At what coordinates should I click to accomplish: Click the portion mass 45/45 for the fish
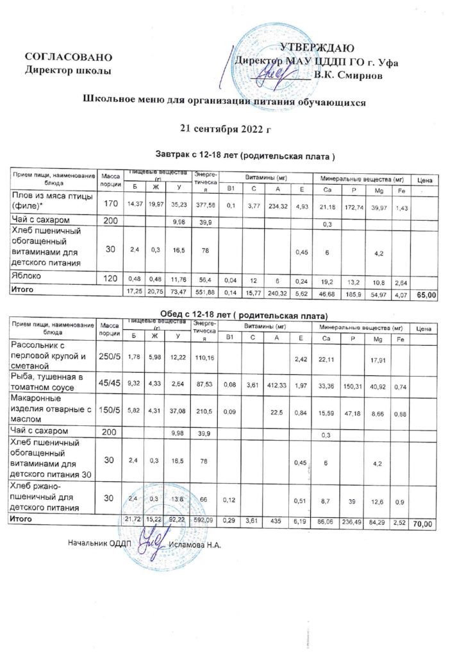pos(112,384)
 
